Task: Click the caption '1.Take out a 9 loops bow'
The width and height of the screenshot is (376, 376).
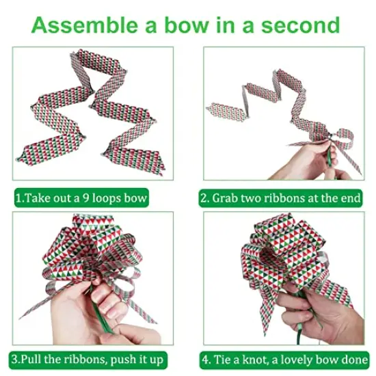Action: (81, 198)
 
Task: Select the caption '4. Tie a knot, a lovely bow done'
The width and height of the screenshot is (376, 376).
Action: (283, 358)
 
